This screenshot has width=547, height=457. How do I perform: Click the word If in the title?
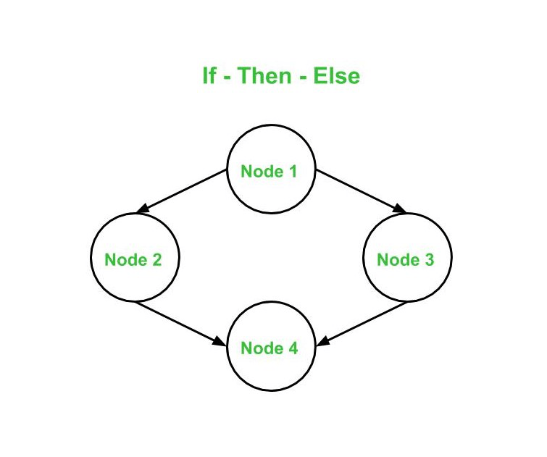tap(209, 76)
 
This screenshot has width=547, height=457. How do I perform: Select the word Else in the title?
tap(336, 76)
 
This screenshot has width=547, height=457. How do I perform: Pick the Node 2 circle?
tap(135, 259)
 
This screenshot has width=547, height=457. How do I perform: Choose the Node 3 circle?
tap(407, 259)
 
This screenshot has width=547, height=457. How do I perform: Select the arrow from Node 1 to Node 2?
tap(182, 191)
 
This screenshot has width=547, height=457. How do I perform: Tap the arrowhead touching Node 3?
tap(399, 209)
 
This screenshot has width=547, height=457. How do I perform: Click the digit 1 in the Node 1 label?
tap(293, 172)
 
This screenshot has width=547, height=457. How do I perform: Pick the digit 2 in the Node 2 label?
tap(156, 259)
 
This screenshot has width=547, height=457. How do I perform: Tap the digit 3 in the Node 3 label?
tap(429, 259)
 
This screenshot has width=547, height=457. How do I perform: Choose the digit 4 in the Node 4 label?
tap(293, 348)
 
